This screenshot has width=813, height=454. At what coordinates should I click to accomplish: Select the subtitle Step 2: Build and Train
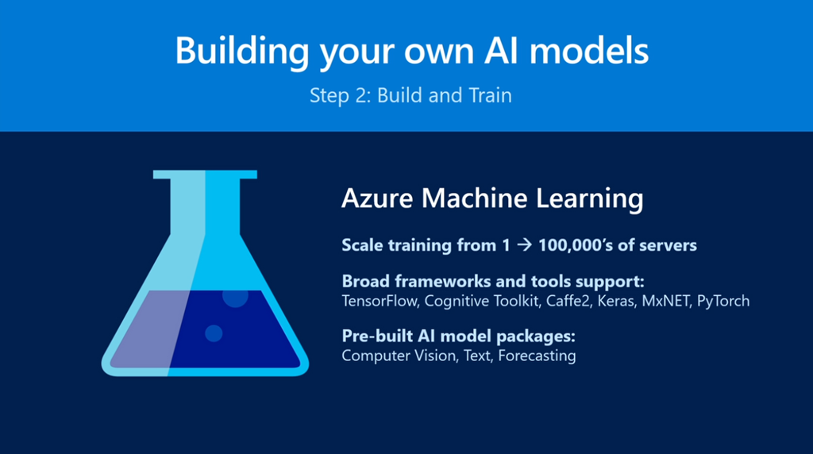(410, 96)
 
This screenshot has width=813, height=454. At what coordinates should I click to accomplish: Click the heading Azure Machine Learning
(491, 199)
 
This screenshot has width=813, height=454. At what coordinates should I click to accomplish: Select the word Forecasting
(536, 356)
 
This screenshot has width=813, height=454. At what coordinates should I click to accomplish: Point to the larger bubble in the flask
(235, 297)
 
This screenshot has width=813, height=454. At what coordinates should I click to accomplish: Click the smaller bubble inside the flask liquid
(213, 333)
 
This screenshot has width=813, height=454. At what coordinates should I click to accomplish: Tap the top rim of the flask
(205, 175)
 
